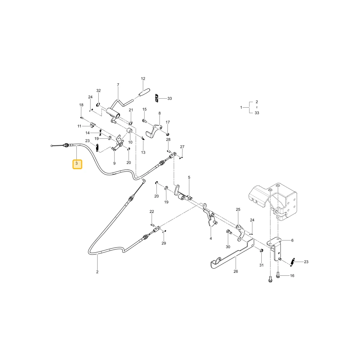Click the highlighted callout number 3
77,163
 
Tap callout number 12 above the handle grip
143,78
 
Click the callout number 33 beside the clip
170,98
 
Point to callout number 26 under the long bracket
235,271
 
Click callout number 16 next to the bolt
292,275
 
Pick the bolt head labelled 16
278,275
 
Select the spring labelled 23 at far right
292,262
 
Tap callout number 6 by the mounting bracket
292,240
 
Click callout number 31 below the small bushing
261,265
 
